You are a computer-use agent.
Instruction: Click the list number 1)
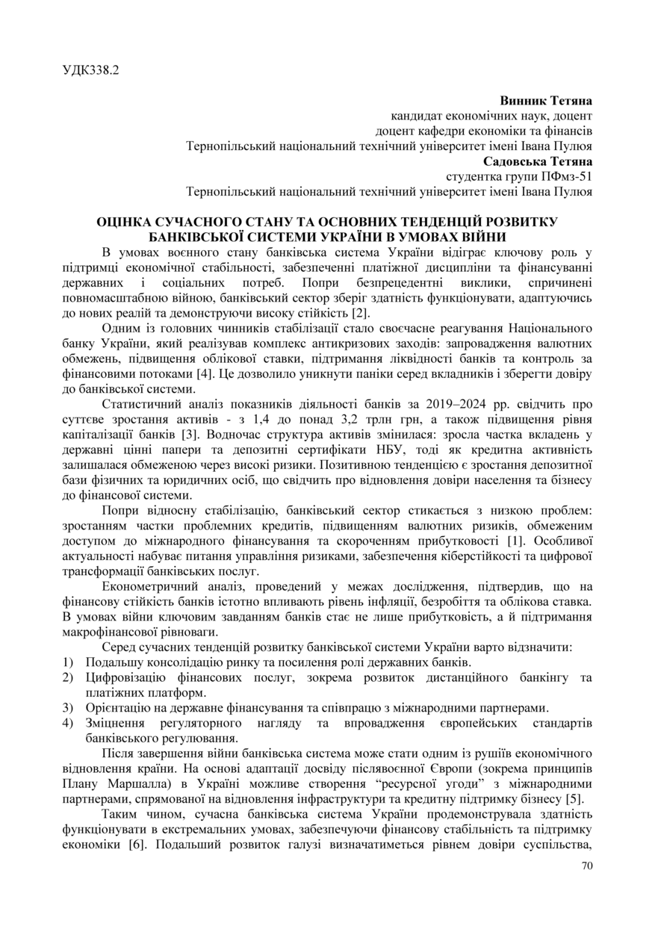[x=68, y=662]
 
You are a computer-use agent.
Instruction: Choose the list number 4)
[x=68, y=724]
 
